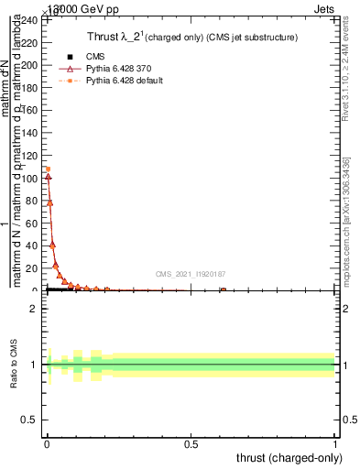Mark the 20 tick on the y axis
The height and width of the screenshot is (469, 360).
pos(32,268)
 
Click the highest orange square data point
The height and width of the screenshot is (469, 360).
pos(48,169)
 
